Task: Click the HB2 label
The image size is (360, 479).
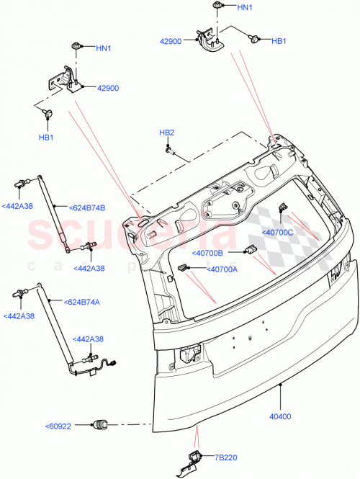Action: coord(166,133)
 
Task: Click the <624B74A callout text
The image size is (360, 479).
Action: coord(84,303)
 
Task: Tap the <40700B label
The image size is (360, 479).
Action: coord(207,253)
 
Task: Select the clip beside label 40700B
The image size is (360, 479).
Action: coord(251,249)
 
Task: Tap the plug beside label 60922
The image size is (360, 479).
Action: coord(100,424)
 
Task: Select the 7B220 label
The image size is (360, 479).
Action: coord(224,457)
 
